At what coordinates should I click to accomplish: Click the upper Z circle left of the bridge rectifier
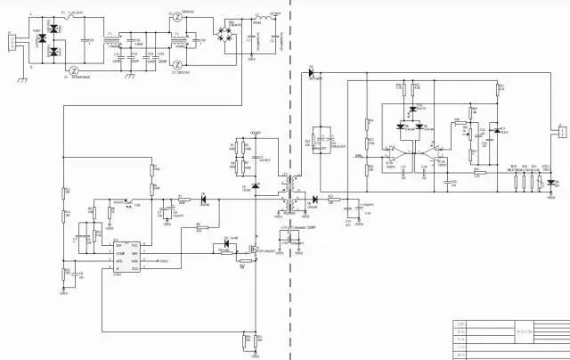pyautogui.click(x=178, y=16)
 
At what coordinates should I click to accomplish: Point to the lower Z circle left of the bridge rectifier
pyautogui.click(x=178, y=64)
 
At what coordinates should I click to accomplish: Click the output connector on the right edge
pyautogui.click(x=561, y=133)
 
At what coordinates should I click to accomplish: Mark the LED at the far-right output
pyautogui.click(x=551, y=184)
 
